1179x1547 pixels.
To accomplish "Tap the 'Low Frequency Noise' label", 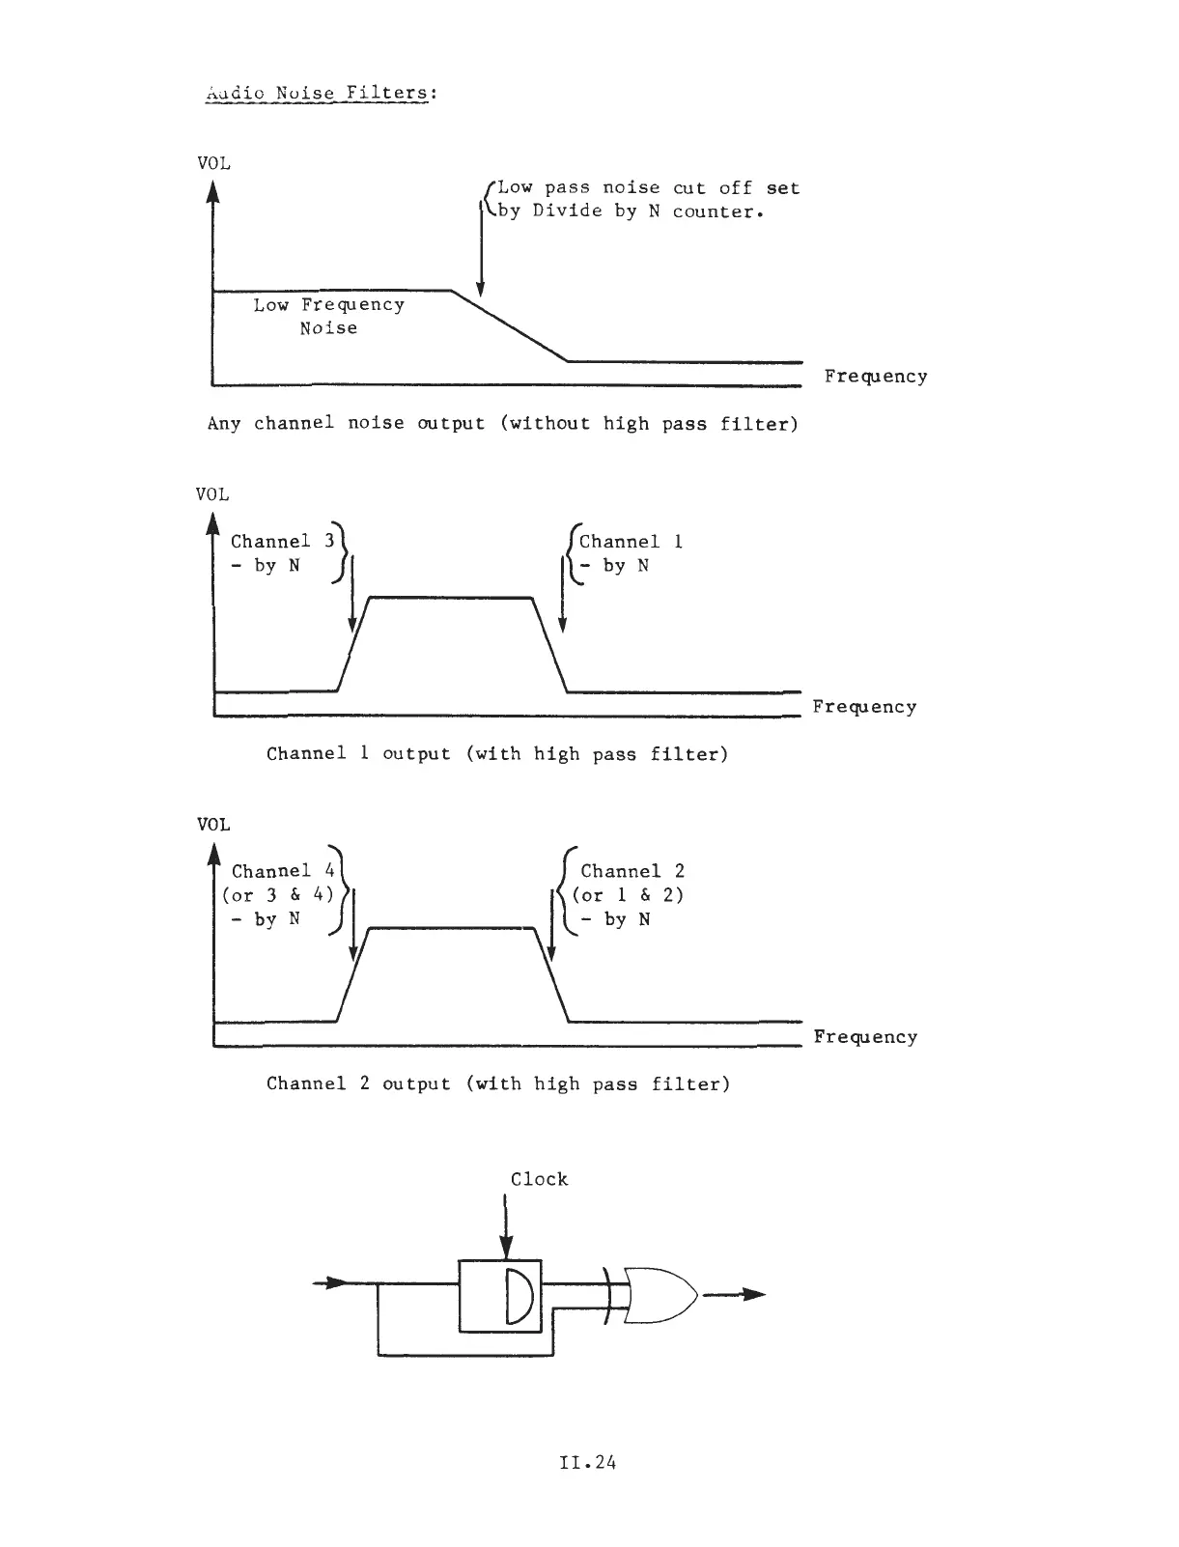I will click(328, 316).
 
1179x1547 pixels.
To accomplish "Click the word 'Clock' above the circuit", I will click(539, 1179).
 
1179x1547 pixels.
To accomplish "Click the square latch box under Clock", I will click(500, 1296).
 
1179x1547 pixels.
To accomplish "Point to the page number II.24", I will click(587, 1462).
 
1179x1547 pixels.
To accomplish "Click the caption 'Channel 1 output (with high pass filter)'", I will click(497, 753).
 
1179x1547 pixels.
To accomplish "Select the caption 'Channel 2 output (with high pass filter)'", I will click(498, 1083).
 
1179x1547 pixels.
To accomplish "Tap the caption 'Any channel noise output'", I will click(502, 423).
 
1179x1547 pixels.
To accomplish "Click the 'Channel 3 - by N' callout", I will click(281, 553).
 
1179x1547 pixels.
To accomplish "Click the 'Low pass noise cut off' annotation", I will click(647, 199).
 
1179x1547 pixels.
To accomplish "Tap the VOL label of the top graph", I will click(213, 163).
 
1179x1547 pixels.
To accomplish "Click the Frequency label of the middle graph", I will click(864, 707).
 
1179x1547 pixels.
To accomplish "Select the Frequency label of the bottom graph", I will click(865, 1037).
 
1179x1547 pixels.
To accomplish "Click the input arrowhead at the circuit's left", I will click(334, 1282).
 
